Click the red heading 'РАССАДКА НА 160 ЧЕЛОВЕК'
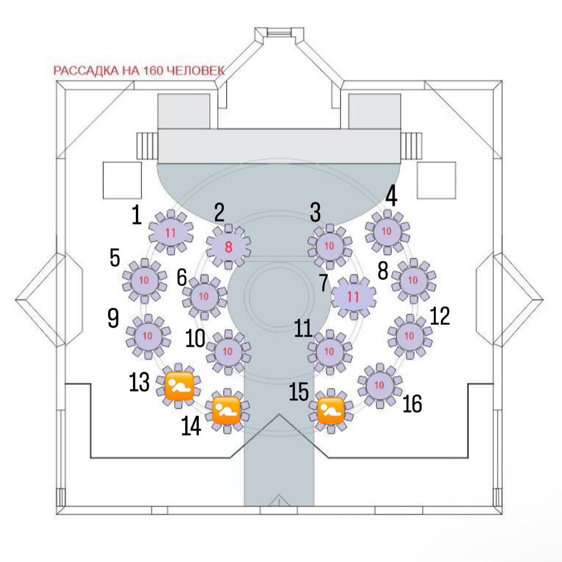coord(139,70)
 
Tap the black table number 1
coord(137,215)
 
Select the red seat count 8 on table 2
coord(228,247)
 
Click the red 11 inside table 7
coord(353,297)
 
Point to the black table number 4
coord(391,196)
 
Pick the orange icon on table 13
coord(179,386)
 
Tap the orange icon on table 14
coord(226,411)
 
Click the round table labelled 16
coord(379,385)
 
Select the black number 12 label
coord(439,316)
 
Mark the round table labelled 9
coord(148,336)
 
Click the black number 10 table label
coord(195,338)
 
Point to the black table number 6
coord(182,277)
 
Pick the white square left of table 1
coord(122,180)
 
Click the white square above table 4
coord(437,180)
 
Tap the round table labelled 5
coord(144,280)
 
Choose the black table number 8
coord(383,271)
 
